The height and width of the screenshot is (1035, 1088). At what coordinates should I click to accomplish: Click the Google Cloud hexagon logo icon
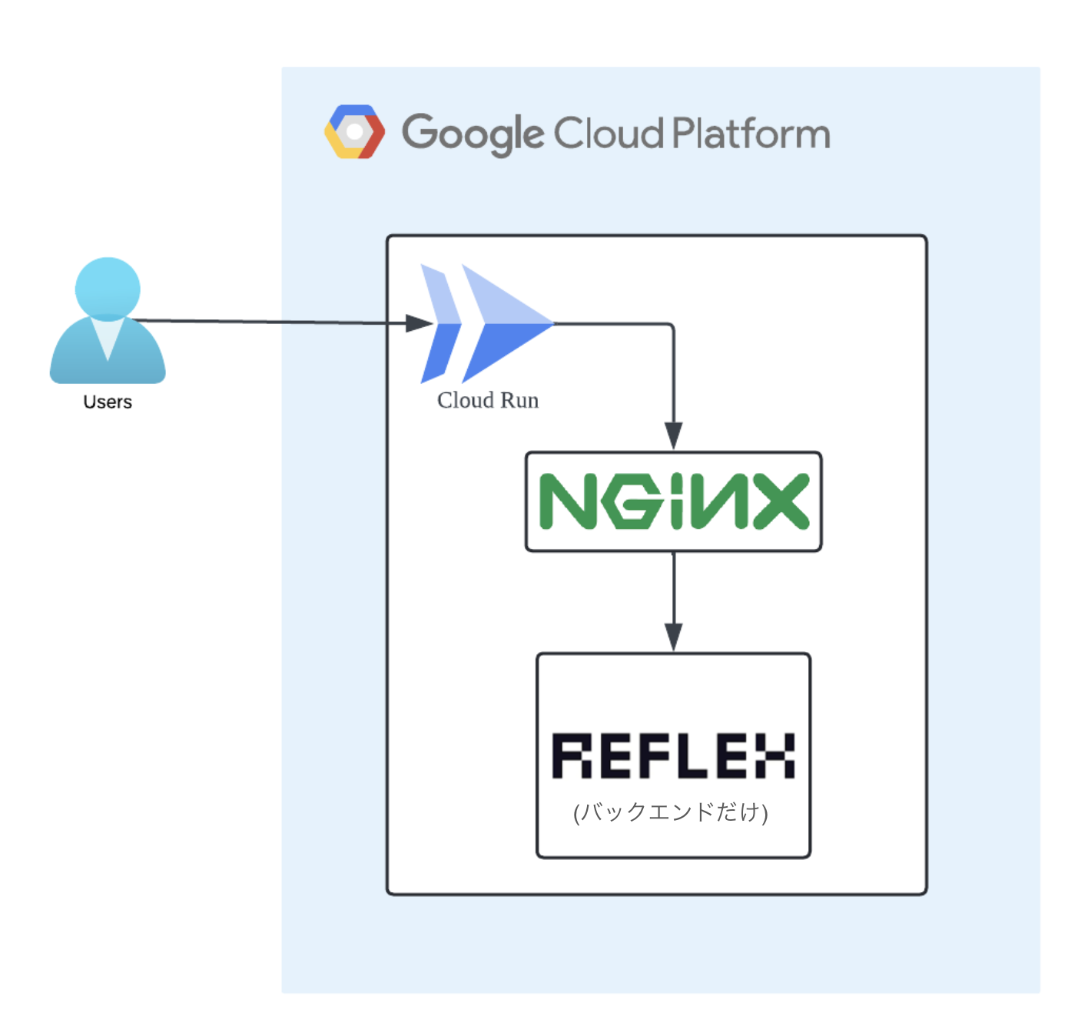point(354,132)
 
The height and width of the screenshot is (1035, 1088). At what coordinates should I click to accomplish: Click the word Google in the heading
point(473,134)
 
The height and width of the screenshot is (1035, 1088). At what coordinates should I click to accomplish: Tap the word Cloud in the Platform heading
point(608,134)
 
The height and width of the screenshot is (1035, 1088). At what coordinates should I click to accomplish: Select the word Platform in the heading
point(751,134)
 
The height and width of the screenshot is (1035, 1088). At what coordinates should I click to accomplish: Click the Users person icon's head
point(108,288)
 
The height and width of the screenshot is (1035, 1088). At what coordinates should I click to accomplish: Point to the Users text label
point(108,402)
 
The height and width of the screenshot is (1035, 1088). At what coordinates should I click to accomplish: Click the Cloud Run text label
point(488,400)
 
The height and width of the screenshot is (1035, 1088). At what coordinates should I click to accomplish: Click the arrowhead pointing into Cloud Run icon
point(419,323)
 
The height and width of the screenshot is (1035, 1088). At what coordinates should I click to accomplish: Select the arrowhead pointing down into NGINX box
point(673,435)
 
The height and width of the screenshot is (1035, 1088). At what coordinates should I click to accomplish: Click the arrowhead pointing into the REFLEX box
point(673,636)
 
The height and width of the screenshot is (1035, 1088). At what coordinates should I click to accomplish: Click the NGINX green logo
point(673,501)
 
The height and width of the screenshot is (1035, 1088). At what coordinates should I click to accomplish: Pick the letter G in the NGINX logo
point(632,501)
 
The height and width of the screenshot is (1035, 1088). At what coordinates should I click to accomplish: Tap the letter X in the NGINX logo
point(781,501)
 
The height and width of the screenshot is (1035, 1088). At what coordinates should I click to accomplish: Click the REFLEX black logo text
point(673,756)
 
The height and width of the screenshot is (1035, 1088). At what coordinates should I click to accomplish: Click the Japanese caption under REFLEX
point(671,812)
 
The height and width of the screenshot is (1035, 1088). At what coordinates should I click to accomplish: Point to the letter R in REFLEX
point(572,756)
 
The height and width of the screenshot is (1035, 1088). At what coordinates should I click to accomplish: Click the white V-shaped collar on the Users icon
point(108,336)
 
